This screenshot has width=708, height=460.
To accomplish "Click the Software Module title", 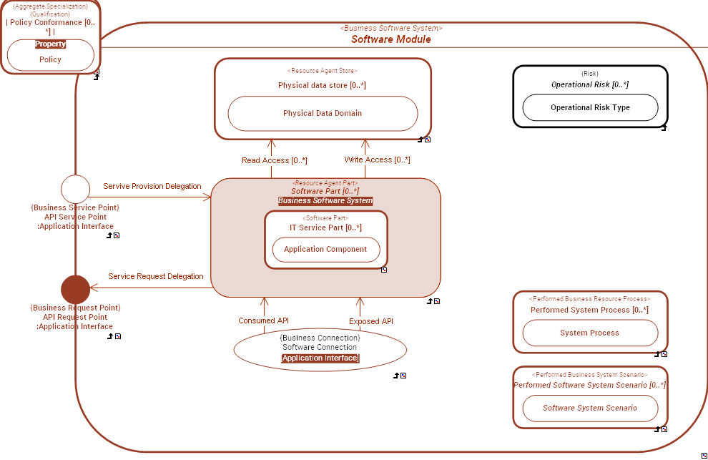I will click(390, 39).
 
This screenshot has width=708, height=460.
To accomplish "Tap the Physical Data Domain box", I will click(322, 113).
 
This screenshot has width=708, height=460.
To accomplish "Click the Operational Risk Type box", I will click(590, 107).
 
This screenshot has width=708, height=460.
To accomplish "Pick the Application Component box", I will click(325, 249).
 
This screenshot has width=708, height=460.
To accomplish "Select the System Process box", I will click(589, 333).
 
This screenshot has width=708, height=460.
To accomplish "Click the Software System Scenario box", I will click(589, 408).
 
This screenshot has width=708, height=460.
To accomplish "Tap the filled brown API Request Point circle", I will click(75, 289).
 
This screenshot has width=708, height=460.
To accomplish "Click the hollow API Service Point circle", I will click(75, 189).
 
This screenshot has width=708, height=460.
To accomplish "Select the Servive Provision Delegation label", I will click(152, 186).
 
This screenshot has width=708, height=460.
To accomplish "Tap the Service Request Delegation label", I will click(156, 276).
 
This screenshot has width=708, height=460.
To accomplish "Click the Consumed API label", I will click(263, 320).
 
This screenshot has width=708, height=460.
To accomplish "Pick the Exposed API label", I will click(370, 321).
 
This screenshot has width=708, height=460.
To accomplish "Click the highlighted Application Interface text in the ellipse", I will click(320, 358).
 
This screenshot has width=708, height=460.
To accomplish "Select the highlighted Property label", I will click(50, 44).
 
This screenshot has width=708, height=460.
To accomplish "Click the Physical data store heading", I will click(322, 85).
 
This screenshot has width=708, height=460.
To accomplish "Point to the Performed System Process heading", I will click(589, 310).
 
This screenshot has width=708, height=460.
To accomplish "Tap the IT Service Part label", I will click(325, 227).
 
